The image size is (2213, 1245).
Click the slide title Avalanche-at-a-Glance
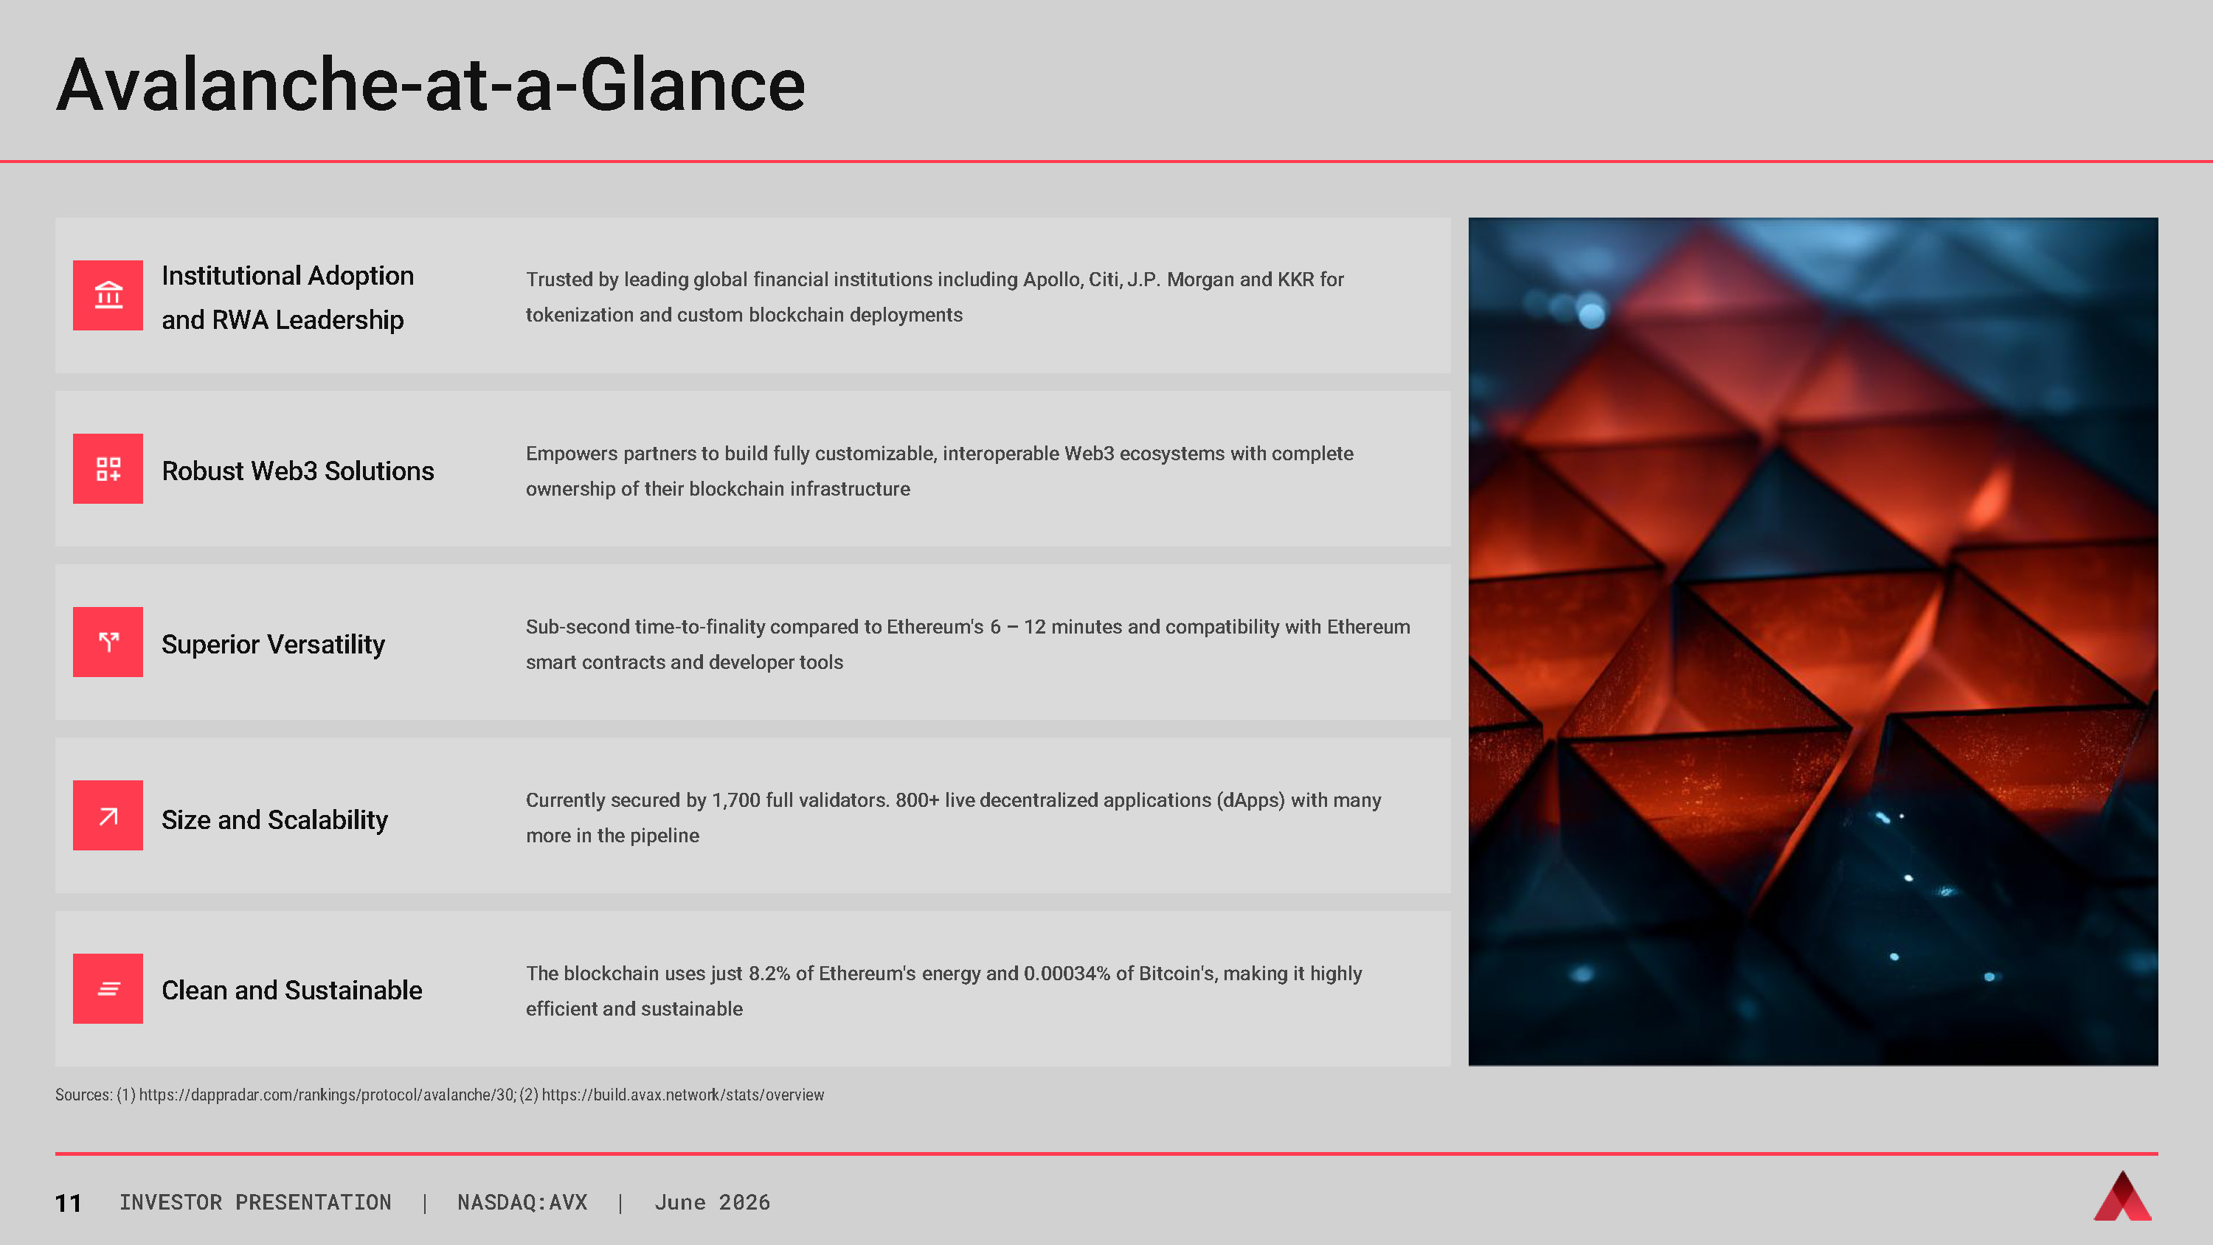[430, 84]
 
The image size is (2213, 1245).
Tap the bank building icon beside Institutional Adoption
[108, 295]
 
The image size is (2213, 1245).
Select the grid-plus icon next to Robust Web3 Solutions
[108, 468]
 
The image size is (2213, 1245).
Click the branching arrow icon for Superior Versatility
[108, 642]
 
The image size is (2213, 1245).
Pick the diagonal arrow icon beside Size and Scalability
[108, 816]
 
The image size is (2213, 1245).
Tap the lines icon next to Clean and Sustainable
[108, 989]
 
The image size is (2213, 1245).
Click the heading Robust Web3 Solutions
[298, 471]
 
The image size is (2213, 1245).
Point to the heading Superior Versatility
[273, 645]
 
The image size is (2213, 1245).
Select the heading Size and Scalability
[275, 819]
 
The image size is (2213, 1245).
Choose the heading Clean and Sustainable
[292, 990]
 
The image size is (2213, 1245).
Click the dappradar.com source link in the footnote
[328, 1095]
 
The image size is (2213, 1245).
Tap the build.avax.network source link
[683, 1095]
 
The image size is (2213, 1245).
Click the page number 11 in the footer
[68, 1203]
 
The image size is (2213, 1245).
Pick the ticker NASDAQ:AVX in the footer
[522, 1202]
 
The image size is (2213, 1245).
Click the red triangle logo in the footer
[2122, 1196]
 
